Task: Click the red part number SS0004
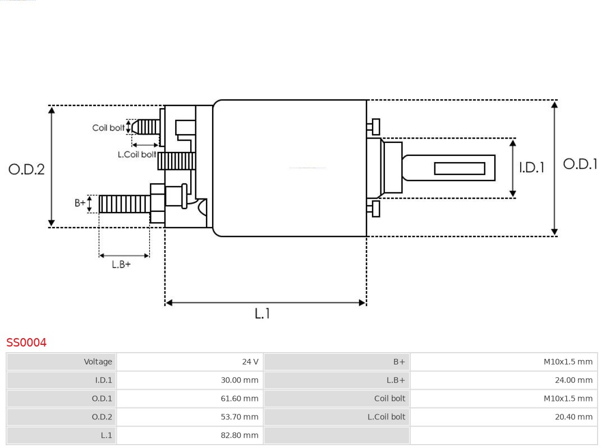(26, 343)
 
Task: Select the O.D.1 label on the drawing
(580, 164)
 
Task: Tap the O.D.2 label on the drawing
(26, 169)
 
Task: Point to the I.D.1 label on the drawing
(531, 168)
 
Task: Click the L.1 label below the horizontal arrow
(262, 314)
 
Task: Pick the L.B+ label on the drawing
(121, 264)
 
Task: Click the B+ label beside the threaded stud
(80, 203)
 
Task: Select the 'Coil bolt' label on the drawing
(108, 128)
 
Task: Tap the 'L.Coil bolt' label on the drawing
(137, 154)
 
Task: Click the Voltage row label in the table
(98, 362)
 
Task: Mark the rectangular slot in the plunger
(460, 168)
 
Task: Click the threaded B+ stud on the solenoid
(124, 204)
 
